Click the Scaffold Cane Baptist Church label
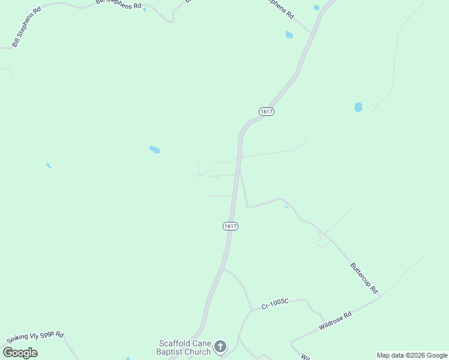click(184, 347)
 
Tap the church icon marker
click(220, 347)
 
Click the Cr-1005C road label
click(275, 305)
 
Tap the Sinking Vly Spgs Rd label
click(35, 338)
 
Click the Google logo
click(20, 353)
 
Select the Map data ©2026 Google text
click(412, 355)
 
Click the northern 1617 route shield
click(267, 112)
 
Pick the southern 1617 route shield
click(230, 226)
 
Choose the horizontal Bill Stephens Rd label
click(118, 4)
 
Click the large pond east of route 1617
click(358, 107)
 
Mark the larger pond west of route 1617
click(155, 149)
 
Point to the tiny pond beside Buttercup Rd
click(286, 207)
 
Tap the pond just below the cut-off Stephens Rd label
click(289, 35)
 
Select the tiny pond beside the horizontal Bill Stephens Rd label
click(144, 10)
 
